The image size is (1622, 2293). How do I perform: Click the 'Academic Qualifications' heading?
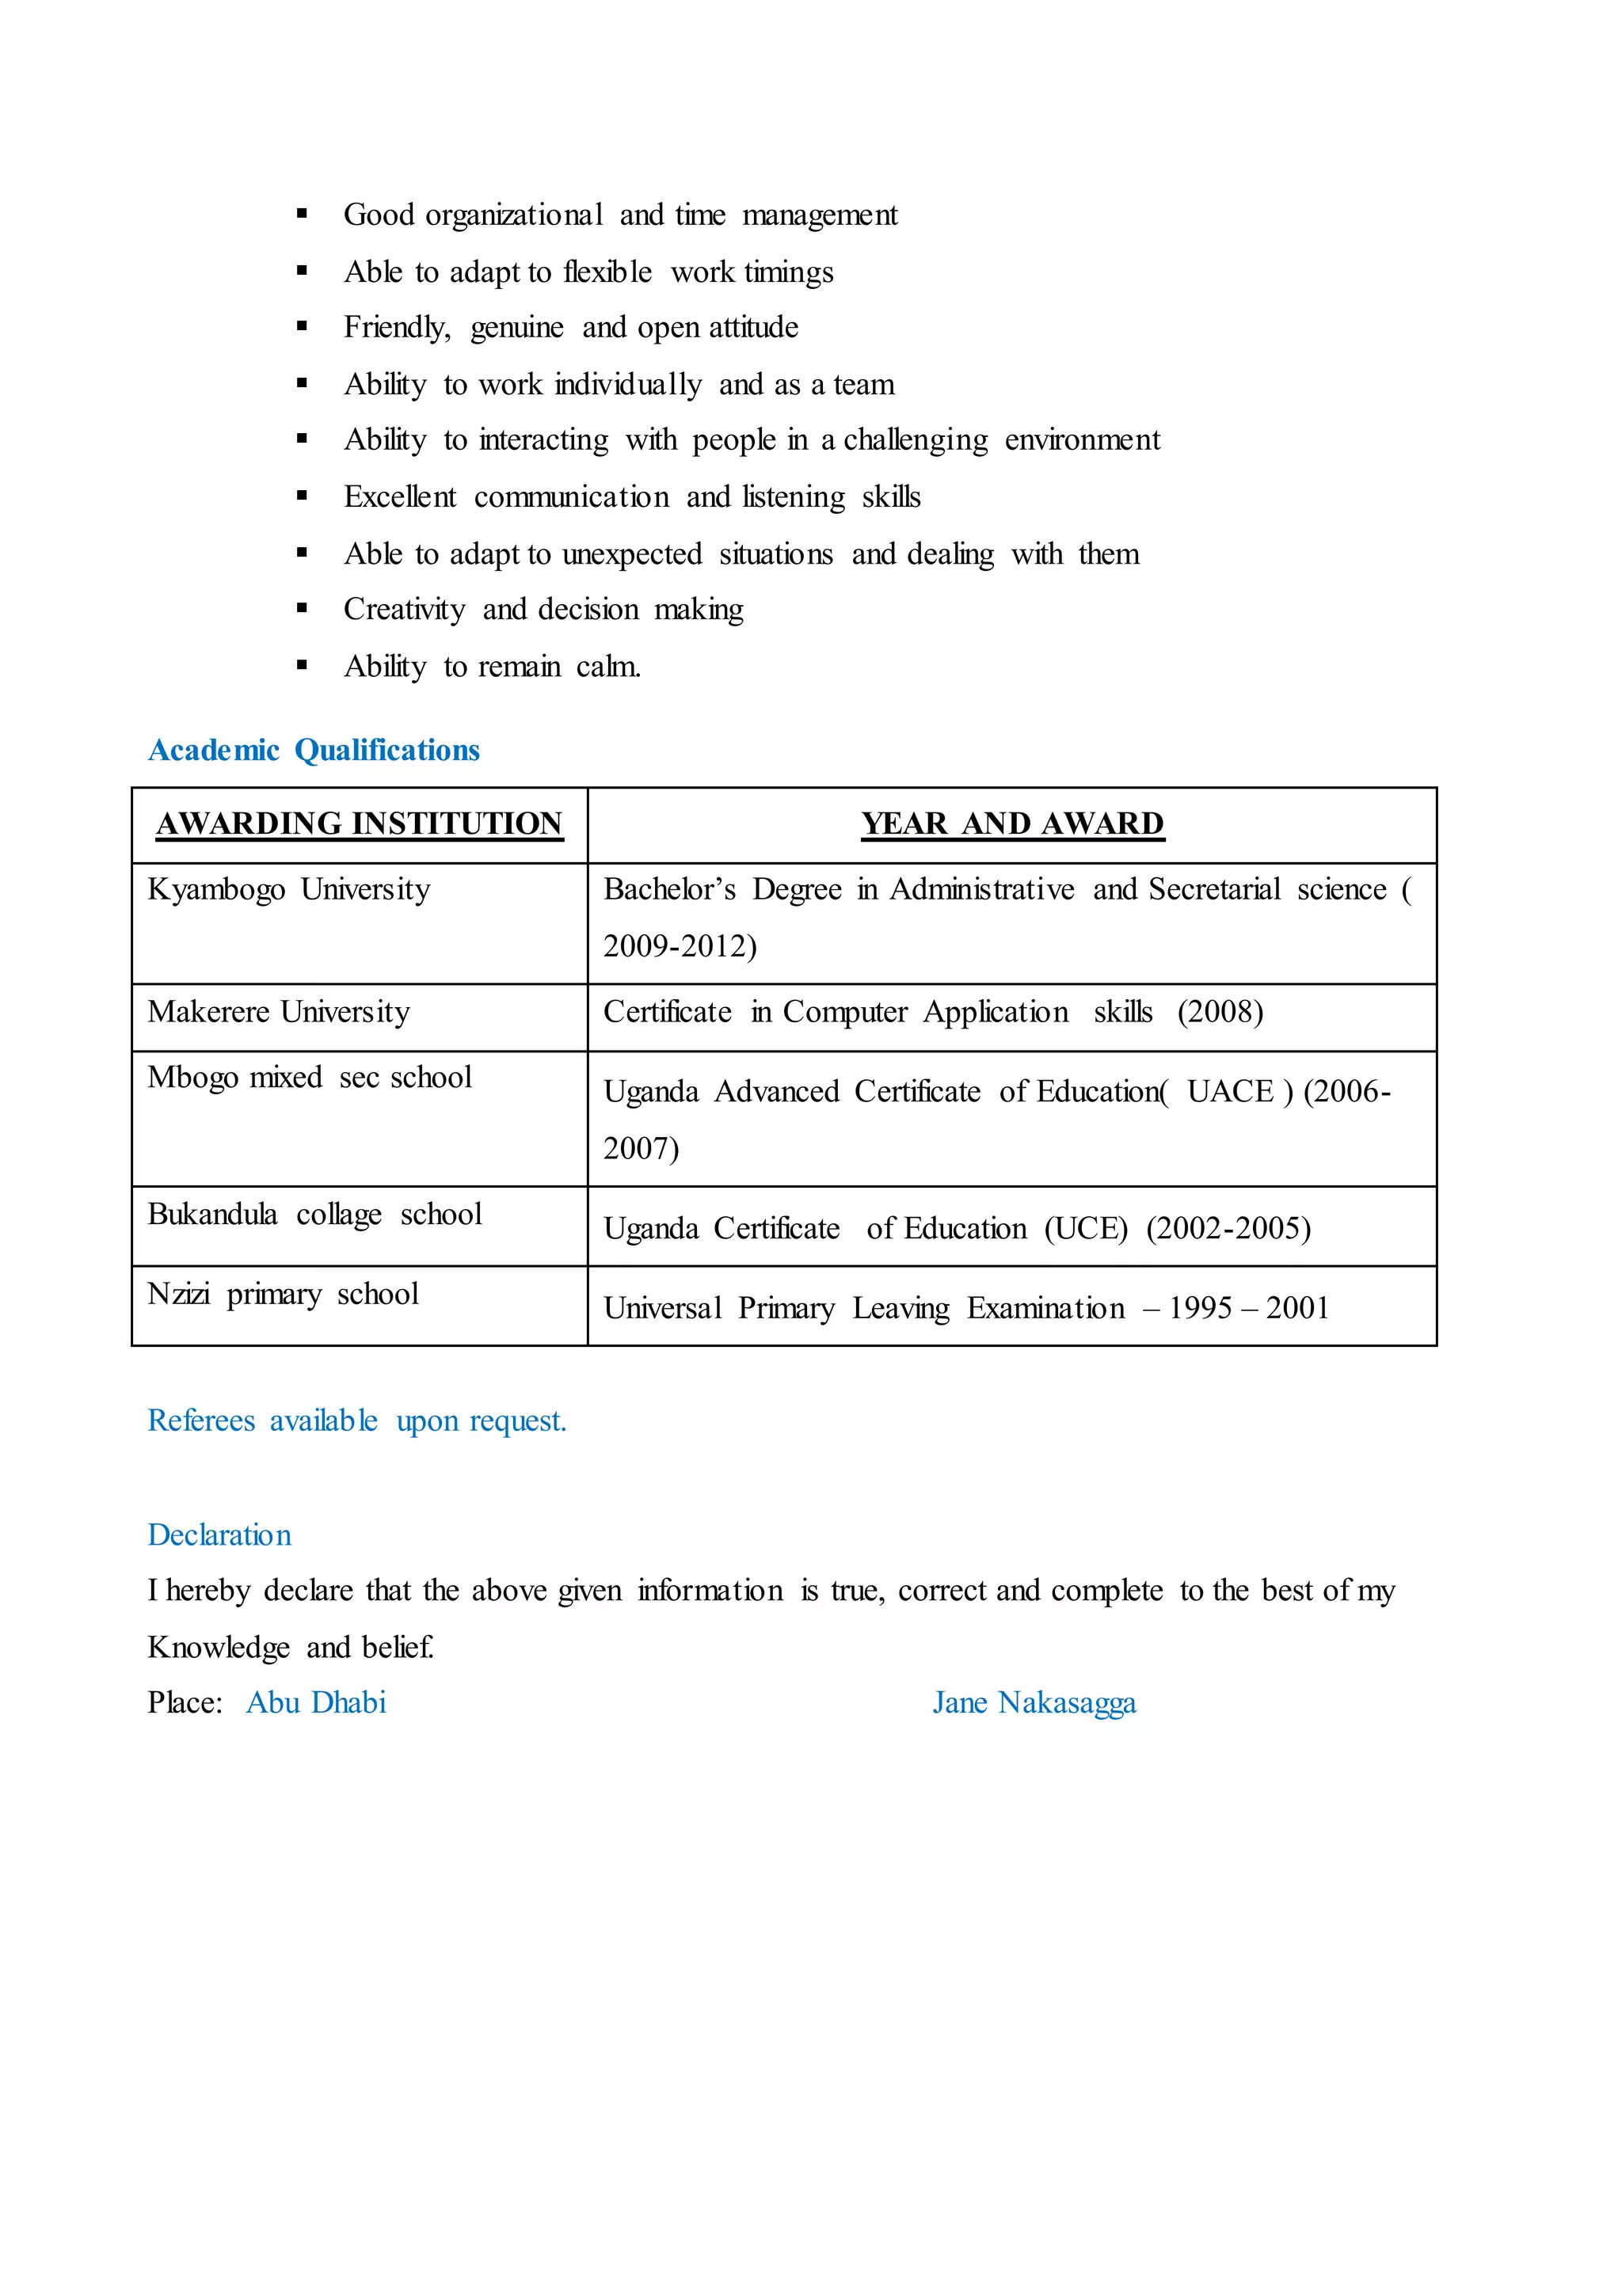(314, 750)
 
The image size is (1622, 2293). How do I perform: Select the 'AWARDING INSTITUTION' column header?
(360, 824)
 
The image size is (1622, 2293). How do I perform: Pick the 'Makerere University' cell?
(279, 1012)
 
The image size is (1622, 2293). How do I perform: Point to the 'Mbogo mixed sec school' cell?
(310, 1078)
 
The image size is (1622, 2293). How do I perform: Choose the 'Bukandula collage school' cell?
(314, 1215)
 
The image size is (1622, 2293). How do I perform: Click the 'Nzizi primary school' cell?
(283, 1295)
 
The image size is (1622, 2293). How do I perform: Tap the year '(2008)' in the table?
(1220, 1012)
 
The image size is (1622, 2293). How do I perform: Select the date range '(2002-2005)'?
(1228, 1228)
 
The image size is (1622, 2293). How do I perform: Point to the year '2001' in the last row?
(1296, 1308)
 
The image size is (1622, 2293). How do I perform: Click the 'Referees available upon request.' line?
(356, 1420)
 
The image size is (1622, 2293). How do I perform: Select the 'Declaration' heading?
(219, 1535)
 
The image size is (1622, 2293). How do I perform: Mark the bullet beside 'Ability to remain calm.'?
(302, 666)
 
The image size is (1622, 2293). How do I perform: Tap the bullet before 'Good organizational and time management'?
(302, 214)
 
